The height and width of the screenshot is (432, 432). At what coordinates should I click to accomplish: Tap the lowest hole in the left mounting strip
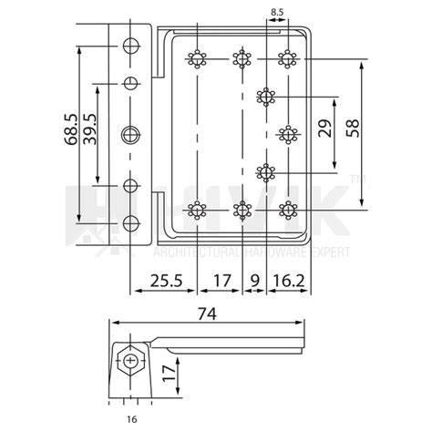pos(130,223)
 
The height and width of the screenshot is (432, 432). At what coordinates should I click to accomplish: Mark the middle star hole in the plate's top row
pos(242,60)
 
